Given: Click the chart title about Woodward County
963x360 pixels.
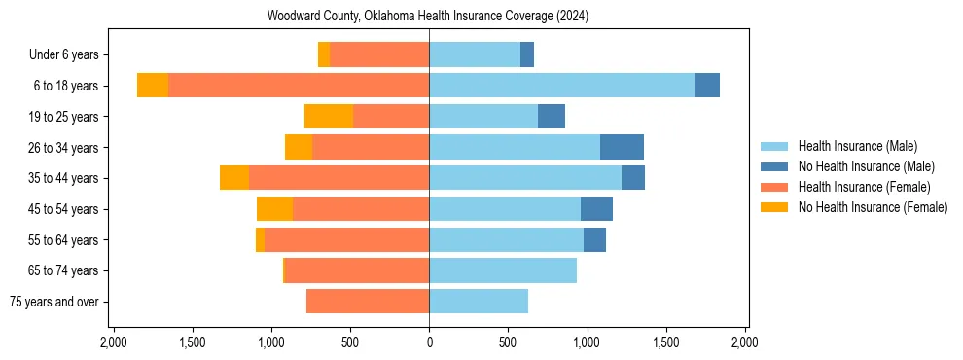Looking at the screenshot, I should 428,17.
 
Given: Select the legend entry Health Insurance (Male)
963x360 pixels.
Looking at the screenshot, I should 857,146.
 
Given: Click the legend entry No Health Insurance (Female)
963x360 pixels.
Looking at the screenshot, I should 873,207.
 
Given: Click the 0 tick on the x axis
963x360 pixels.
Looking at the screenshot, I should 429,342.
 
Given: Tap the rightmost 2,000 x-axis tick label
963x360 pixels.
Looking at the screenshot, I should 744,342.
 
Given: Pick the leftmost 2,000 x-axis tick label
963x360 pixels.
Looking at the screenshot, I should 114,342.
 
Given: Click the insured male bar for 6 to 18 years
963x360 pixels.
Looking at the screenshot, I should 561,86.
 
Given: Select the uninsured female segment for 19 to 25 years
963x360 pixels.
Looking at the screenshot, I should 329,117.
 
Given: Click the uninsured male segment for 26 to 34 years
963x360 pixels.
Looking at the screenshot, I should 622,147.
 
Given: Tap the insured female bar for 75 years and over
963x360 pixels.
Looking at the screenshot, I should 368,302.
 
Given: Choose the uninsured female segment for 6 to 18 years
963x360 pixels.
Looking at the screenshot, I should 153,86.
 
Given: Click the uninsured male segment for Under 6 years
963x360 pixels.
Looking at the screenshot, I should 527,55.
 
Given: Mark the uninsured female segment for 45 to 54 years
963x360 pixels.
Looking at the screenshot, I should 274,209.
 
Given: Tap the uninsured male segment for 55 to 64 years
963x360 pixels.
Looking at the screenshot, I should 594,239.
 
